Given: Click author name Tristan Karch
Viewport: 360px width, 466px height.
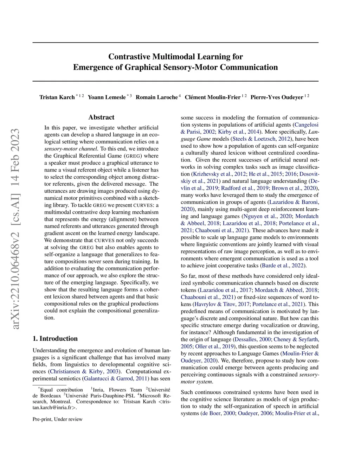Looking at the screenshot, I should [57, 97].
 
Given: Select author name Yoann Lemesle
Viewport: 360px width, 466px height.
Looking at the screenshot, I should [107, 97].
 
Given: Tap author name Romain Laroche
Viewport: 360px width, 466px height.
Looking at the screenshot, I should [156, 97].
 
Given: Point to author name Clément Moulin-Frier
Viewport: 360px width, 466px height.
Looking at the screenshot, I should [212, 97].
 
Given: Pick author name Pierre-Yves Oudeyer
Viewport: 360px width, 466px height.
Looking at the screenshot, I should [277, 97].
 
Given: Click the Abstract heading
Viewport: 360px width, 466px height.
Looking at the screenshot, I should [101, 117].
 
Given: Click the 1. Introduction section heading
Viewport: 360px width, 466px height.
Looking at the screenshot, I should [55, 339].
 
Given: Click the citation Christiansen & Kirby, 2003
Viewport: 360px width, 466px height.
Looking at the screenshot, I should [84, 371].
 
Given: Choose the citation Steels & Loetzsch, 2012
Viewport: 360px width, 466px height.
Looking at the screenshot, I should [262, 139].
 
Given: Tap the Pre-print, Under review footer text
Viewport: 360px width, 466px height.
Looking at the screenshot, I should [58, 419].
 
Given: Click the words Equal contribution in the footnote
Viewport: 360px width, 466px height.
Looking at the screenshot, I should [62, 390].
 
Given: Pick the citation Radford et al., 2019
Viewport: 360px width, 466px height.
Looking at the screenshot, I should [245, 188].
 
